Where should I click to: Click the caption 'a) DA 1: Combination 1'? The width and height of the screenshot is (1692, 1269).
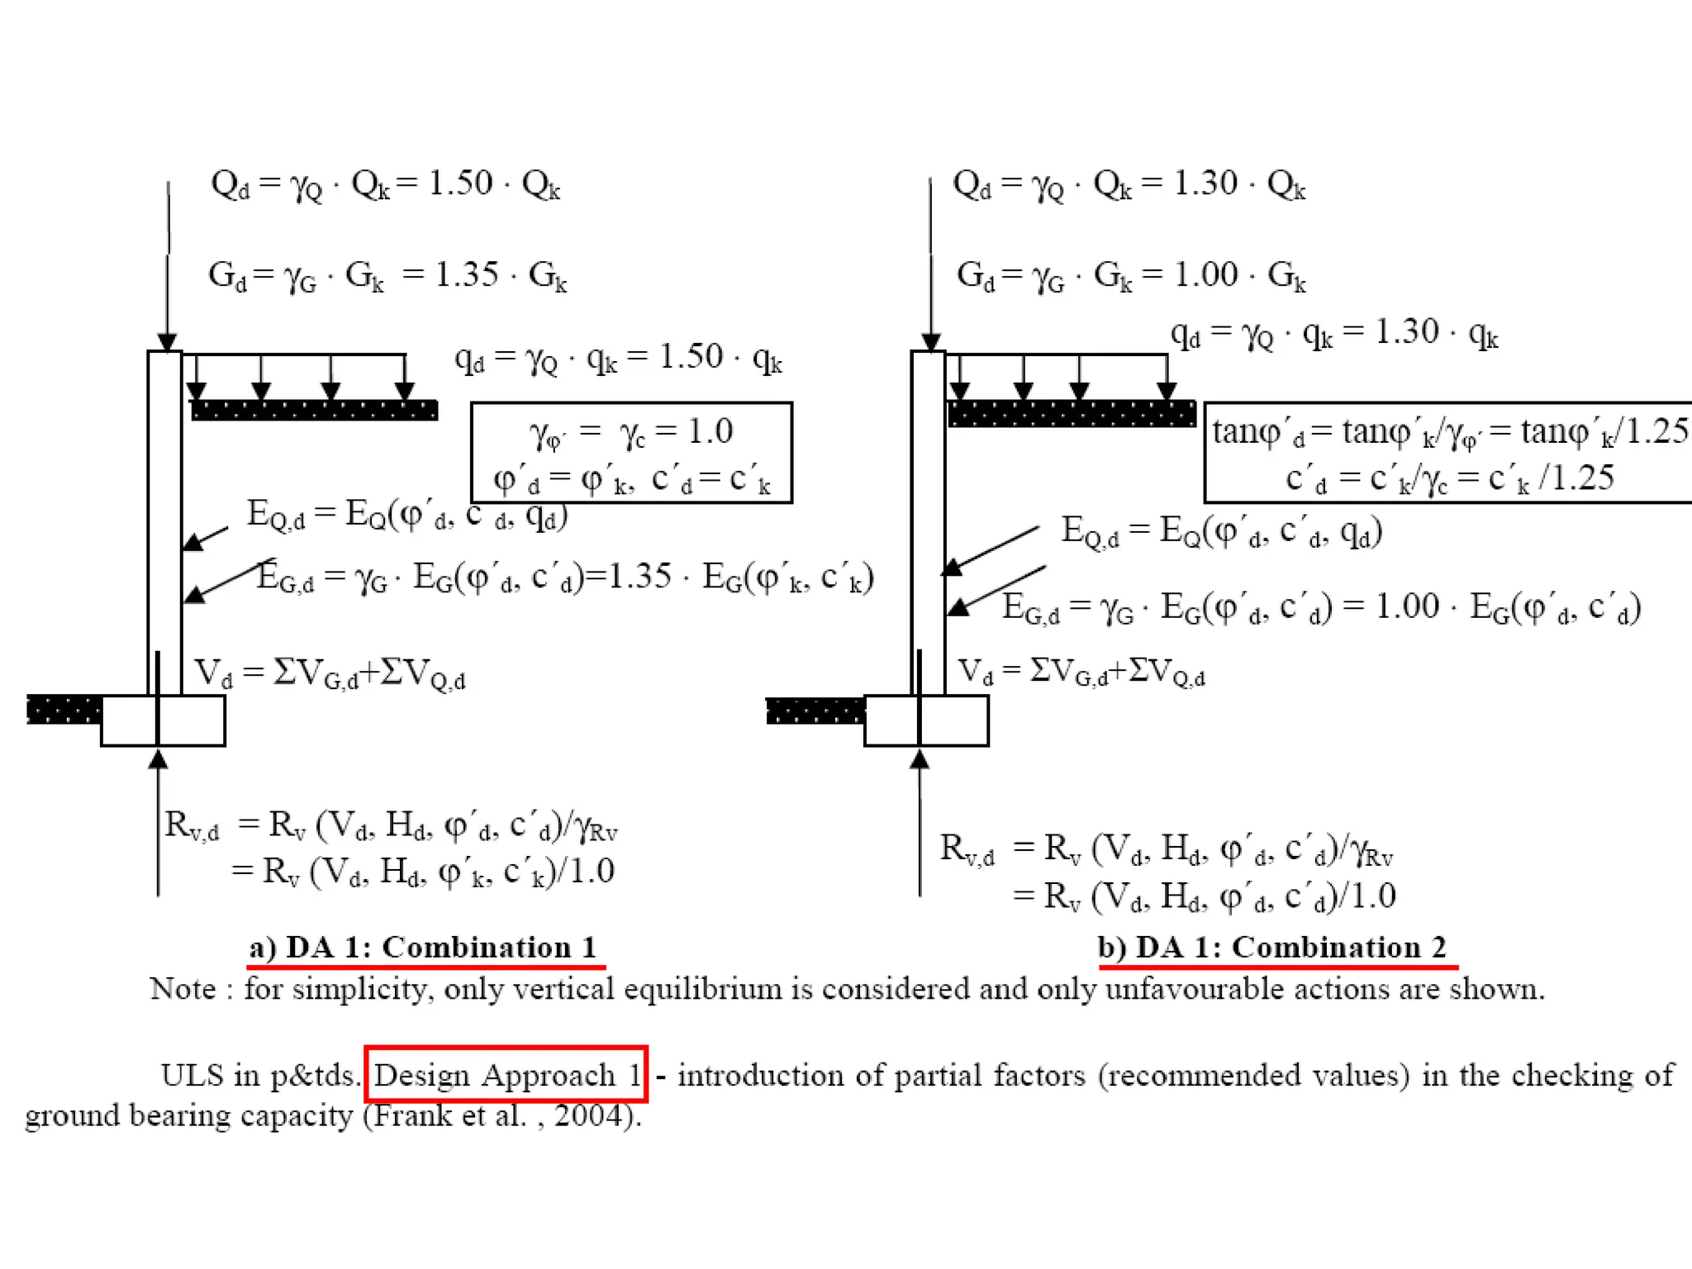[423, 947]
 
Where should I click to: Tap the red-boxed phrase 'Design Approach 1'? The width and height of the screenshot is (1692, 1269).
[506, 1074]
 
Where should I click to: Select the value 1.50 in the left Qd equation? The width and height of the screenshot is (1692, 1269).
[460, 183]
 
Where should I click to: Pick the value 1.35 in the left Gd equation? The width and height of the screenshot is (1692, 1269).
[467, 274]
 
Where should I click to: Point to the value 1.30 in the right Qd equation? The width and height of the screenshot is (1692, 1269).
[1205, 183]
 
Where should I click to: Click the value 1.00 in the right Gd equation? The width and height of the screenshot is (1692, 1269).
[1205, 274]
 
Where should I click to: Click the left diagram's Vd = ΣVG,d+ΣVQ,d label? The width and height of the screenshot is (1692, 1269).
[330, 674]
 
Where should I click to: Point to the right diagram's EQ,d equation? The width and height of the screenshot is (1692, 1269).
[1221, 531]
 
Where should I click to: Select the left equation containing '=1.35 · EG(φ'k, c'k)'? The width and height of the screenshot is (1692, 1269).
[565, 577]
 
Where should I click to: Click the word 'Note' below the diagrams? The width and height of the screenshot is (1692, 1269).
[183, 989]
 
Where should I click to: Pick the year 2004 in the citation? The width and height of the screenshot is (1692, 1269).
[588, 1115]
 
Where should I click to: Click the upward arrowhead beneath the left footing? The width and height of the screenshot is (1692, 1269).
[158, 758]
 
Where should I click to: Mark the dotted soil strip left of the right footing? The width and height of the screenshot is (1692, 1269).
[815, 711]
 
